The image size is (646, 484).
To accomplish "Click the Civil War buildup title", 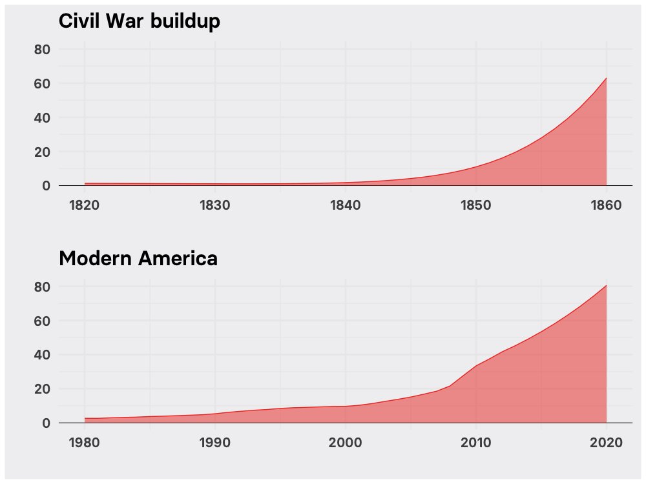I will point(140,21).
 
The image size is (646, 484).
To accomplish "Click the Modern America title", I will point(138,259).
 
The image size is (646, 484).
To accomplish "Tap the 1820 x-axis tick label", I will point(85,205).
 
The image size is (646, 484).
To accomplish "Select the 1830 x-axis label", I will point(215,205).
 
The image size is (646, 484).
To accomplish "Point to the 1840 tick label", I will point(346,205).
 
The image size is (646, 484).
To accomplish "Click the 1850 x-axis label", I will point(476,205).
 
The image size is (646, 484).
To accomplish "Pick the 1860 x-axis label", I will point(606,205).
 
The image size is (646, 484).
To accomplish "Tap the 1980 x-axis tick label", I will point(85,443).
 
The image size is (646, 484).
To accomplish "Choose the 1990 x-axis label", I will point(215,443).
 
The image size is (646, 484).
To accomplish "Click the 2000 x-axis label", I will point(346,443).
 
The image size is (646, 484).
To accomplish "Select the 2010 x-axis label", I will point(476,443).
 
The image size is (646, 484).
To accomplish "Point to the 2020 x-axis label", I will point(606,443).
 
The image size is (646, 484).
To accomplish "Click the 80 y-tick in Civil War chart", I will point(42,50).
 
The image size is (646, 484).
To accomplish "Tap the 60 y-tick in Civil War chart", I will point(42,84).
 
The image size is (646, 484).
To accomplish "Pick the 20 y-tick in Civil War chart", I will point(42,152).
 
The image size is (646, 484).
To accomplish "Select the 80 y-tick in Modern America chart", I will point(42,287).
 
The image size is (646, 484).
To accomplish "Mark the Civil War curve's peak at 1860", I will point(606,78).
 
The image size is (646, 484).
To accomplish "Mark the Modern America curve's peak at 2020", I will point(606,285).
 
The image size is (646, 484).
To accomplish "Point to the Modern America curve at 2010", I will point(476,366).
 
